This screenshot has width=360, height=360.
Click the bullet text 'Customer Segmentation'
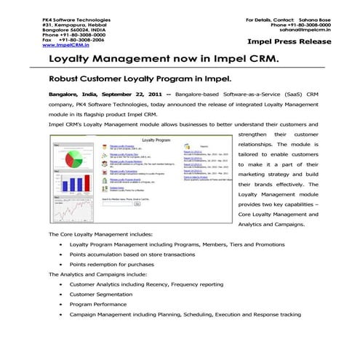pyautogui.click(x=103, y=295)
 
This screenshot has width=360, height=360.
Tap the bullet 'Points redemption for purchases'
pyautogui.click(x=112, y=265)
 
